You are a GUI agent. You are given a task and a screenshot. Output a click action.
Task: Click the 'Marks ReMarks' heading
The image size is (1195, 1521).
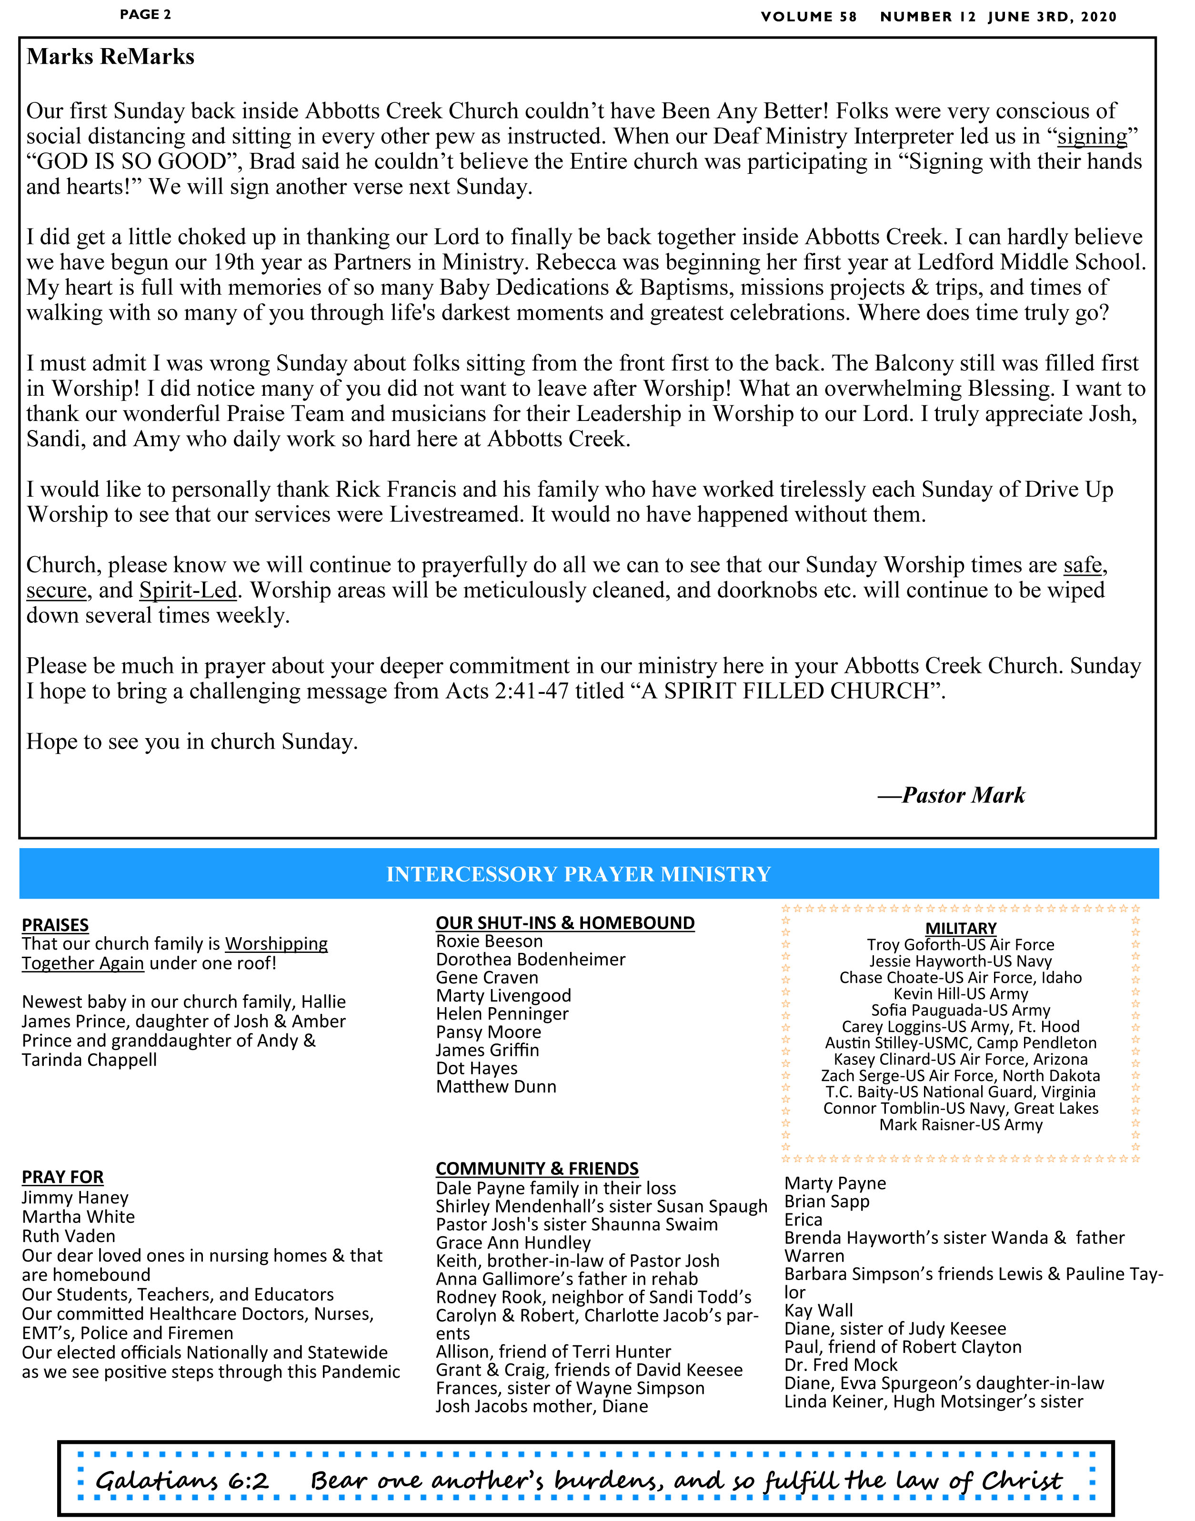coord(110,57)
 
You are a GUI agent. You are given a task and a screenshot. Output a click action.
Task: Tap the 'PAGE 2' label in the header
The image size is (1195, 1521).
coord(146,15)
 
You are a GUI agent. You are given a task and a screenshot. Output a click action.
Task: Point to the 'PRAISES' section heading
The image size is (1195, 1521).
coord(55,925)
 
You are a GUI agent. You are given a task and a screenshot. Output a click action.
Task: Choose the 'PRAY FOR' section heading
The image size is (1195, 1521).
coord(63,1177)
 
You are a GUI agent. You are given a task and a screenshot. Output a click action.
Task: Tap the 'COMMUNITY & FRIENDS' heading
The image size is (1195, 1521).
coord(537,1169)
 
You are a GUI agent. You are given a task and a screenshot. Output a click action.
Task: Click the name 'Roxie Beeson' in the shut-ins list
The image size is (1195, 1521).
coord(489,942)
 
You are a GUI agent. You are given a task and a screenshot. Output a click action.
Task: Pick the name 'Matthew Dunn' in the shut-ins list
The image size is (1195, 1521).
coord(496,1087)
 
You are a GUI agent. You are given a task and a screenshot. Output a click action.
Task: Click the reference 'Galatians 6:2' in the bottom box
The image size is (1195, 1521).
coord(182,1481)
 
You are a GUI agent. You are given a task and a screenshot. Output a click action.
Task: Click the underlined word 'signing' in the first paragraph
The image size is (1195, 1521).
coord(1092,136)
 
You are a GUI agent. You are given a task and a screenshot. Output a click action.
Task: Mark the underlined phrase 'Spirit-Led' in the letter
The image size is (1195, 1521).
coord(188,590)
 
